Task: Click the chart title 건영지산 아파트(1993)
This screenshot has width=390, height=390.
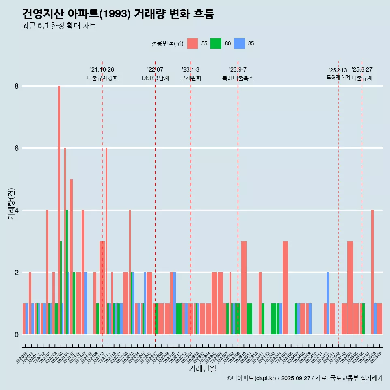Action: tap(118, 14)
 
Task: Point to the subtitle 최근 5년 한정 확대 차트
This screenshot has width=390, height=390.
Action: tap(59, 26)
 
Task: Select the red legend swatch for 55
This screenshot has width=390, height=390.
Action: tap(193, 43)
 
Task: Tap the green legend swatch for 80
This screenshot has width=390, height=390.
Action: tap(216, 43)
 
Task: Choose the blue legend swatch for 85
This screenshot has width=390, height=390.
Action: tap(239, 43)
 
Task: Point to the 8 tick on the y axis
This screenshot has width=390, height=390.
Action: tap(17, 86)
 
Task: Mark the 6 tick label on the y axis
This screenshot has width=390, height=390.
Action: tap(17, 148)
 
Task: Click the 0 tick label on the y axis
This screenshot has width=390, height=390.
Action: tap(17, 335)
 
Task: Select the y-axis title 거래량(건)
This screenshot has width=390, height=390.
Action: tap(11, 204)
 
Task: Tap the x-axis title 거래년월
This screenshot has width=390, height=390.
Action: tap(202, 368)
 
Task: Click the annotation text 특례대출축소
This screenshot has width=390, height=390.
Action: tap(238, 78)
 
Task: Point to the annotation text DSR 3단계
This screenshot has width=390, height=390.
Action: tap(155, 78)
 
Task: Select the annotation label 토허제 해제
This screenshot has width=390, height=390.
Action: tap(338, 77)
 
